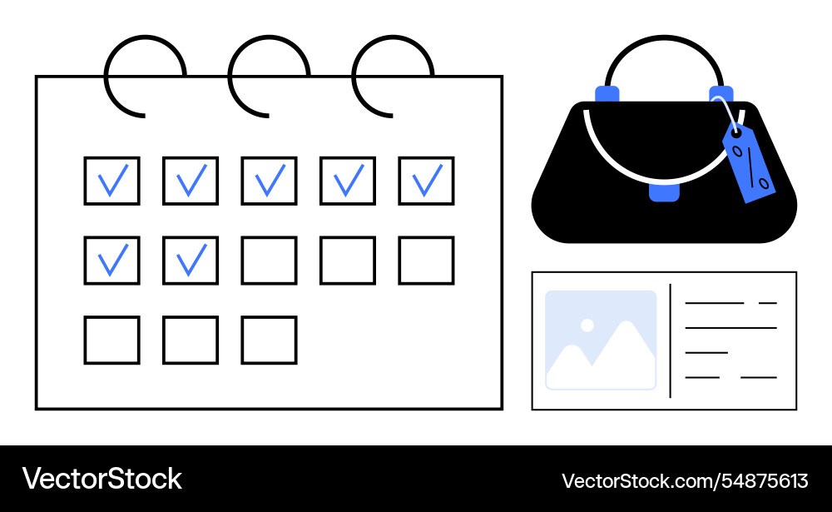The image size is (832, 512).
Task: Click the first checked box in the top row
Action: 111,181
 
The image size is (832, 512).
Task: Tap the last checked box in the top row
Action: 426,181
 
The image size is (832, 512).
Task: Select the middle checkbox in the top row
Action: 269,181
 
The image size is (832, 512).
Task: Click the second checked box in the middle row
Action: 191,261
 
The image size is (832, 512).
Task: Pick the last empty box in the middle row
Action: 426,261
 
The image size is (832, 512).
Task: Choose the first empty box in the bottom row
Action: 111,340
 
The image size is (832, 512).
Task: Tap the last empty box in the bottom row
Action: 269,340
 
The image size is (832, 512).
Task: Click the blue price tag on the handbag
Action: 749,162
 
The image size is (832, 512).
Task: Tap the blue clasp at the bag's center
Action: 664,192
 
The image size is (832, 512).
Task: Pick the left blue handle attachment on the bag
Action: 607,93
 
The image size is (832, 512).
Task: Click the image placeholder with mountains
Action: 601,341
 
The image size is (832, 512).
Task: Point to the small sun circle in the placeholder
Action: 587,325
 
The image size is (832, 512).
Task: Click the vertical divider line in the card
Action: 670,341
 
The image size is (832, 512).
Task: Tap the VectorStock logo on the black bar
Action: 102,479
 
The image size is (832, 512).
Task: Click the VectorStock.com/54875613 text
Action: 685,480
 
